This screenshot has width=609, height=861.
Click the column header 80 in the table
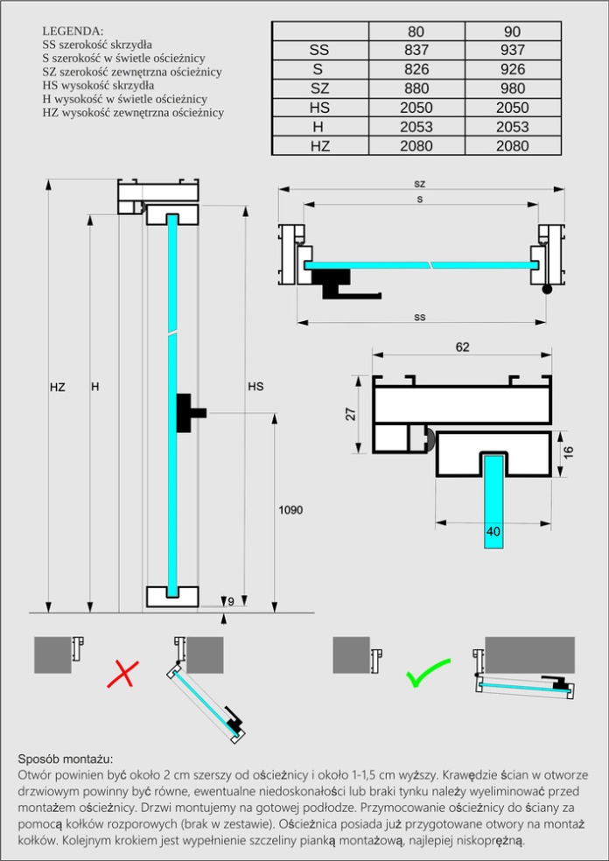click(x=416, y=31)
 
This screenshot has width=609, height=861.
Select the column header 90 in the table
click(x=513, y=31)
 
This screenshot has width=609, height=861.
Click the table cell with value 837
click(x=416, y=51)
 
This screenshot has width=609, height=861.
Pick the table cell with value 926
click(x=513, y=69)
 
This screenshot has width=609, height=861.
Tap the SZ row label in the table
click(x=319, y=88)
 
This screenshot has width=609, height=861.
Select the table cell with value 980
click(x=513, y=88)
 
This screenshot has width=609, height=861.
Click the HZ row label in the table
click(x=319, y=146)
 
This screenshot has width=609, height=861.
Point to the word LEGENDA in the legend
click(x=73, y=30)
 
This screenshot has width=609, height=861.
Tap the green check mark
click(x=427, y=674)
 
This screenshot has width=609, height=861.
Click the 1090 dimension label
click(x=290, y=509)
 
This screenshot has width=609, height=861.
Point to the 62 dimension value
click(x=462, y=347)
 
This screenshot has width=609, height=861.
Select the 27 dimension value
click(x=351, y=415)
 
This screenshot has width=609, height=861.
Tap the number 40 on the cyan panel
click(x=493, y=531)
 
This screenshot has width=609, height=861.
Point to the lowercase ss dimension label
click(x=420, y=317)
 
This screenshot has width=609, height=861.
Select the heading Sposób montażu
click(x=66, y=759)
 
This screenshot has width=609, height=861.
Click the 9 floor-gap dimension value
click(x=231, y=601)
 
